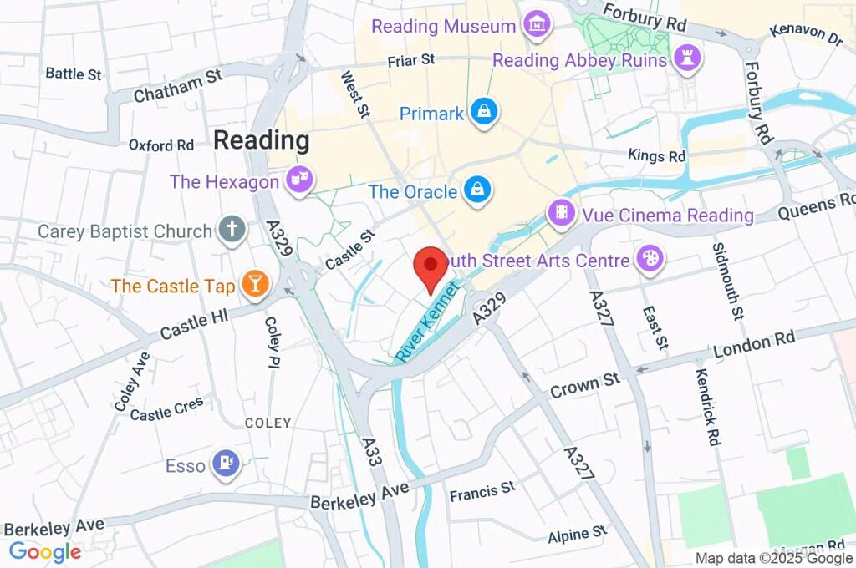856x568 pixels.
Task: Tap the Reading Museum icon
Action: click(536, 26)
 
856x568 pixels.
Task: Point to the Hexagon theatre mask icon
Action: click(297, 180)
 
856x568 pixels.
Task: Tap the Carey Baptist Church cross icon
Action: click(232, 229)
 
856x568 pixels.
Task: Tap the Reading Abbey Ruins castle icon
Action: click(688, 59)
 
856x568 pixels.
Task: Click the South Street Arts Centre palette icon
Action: click(649, 259)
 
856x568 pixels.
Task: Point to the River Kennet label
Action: click(429, 322)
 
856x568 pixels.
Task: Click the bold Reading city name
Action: click(261, 140)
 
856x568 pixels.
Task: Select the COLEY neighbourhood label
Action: click(267, 423)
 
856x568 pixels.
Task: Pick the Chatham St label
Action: click(177, 86)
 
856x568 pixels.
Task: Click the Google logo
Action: click(44, 552)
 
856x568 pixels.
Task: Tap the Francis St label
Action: click(482, 492)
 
